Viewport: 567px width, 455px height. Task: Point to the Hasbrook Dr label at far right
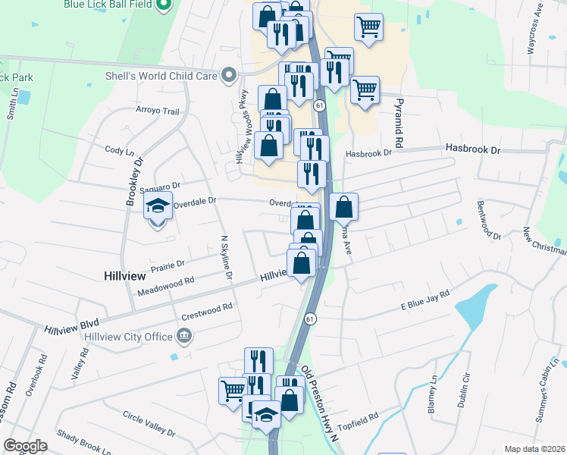pos(473,149)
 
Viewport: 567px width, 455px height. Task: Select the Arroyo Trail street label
pos(157,111)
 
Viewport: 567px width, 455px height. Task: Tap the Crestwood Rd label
pos(206,311)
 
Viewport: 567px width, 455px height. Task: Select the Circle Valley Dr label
pos(149,423)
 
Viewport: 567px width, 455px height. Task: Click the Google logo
pos(25,446)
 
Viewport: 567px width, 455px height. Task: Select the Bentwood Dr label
pos(489,220)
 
